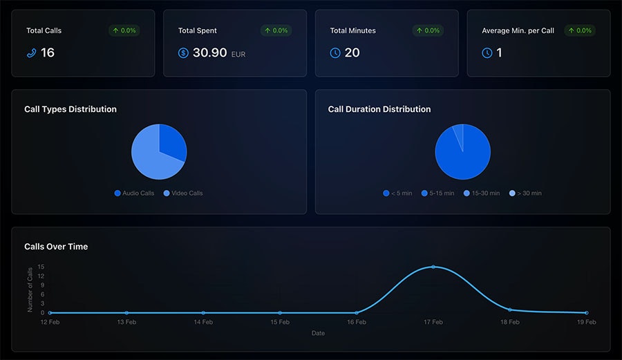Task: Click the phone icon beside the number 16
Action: tap(31, 53)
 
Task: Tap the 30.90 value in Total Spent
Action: tap(210, 53)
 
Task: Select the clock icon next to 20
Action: tap(335, 53)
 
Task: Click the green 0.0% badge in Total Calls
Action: tap(124, 30)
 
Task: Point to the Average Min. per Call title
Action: tap(518, 30)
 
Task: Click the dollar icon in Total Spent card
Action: tap(183, 53)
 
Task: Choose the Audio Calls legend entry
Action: tap(134, 193)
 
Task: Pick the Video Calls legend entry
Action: tap(183, 193)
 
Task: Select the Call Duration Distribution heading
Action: tap(379, 109)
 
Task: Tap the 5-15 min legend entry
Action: tap(438, 193)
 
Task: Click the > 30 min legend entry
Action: tap(526, 193)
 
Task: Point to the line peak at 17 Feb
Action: tap(433, 267)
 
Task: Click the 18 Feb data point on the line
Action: tap(510, 310)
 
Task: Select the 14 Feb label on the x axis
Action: tap(203, 322)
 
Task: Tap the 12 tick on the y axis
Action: tap(41, 276)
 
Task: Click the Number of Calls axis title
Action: tap(30, 290)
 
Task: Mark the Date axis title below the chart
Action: tap(318, 333)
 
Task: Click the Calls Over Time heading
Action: tap(56, 247)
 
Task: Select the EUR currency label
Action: tap(238, 55)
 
